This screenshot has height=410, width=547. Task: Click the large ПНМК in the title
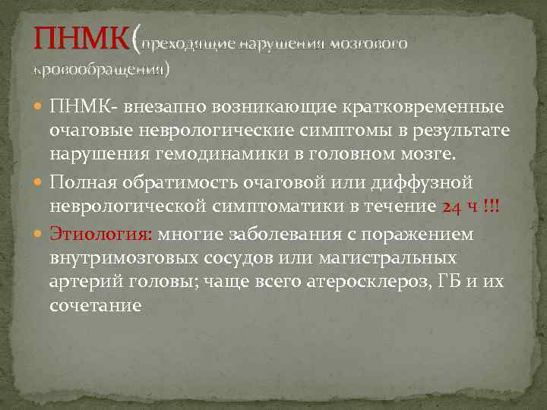coord(81,39)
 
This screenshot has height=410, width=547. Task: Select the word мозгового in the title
coord(370,44)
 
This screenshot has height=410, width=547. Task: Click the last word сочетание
coord(95,307)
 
